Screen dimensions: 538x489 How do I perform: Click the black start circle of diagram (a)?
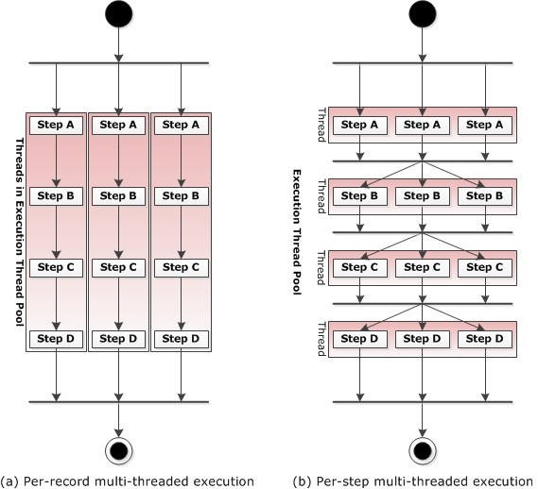click(119, 14)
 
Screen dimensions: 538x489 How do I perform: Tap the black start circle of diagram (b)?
click(423, 14)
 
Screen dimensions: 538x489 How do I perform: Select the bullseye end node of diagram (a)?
click(119, 450)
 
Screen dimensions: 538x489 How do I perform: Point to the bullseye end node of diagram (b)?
click(423, 450)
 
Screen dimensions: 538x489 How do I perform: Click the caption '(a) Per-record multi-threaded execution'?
click(128, 481)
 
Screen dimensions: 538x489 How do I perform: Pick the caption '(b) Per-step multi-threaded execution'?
click(413, 481)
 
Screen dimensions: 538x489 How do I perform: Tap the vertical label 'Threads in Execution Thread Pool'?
click(20, 232)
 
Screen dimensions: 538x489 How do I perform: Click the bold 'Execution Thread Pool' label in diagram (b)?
click(297, 232)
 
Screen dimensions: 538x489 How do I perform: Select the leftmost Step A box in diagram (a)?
click(56, 125)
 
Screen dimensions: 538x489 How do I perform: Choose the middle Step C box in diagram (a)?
click(118, 268)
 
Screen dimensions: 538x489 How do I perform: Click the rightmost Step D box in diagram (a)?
click(182, 339)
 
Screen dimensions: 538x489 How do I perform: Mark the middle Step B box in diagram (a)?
click(118, 196)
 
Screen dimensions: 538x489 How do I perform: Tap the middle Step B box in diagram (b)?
click(423, 196)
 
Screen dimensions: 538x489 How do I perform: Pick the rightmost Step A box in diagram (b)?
click(485, 125)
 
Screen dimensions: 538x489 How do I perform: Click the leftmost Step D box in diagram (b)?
click(360, 339)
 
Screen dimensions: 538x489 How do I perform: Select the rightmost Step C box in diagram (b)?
click(485, 268)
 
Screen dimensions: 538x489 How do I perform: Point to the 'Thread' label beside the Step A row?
click(321, 125)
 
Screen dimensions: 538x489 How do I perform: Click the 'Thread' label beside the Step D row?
click(321, 339)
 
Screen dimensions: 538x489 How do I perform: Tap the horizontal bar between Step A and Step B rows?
click(423, 161)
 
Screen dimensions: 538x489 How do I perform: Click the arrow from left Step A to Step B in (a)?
click(57, 161)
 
